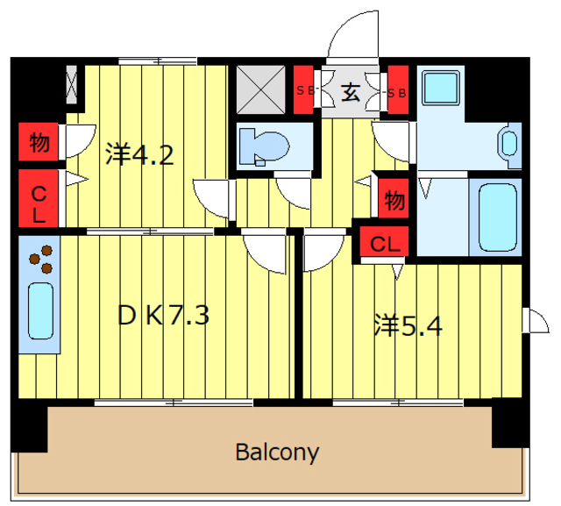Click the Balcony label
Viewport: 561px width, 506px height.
click(277, 453)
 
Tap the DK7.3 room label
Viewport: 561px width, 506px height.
click(163, 316)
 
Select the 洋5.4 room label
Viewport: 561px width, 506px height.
click(408, 325)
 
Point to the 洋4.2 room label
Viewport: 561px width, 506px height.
click(139, 154)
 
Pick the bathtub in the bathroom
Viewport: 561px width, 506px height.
click(498, 217)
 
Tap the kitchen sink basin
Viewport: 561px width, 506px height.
click(41, 310)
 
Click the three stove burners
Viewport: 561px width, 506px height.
click(41, 259)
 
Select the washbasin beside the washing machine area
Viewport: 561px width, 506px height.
click(509, 144)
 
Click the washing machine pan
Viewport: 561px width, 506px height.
click(441, 88)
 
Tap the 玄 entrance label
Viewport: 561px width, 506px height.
click(351, 92)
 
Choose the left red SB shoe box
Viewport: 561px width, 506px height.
click(303, 89)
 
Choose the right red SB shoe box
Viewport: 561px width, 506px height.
click(398, 89)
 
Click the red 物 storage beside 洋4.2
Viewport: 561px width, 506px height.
click(39, 142)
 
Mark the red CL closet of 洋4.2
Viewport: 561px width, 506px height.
click(39, 198)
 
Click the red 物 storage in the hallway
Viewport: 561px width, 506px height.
click(394, 198)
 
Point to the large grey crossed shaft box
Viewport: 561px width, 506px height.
click(261, 89)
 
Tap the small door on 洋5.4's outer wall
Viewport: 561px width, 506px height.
click(536, 320)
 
